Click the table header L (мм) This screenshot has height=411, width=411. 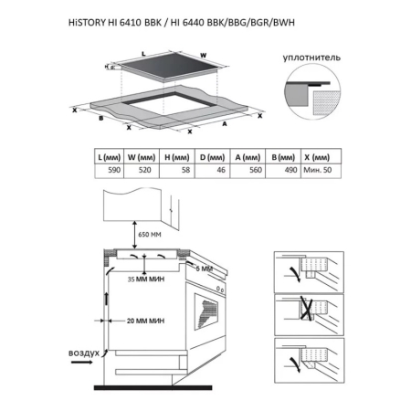pos(110,157)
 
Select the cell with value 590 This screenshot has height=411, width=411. pos(114,170)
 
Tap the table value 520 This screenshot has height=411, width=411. pos(145,170)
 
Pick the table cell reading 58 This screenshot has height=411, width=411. pos(185,170)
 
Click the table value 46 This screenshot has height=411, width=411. pos(221,170)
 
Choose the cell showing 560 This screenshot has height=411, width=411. pos(256,170)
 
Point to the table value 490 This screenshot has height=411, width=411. pos(290,170)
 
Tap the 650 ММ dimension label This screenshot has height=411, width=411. pos(150,235)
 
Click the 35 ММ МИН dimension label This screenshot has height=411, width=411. pos(146,279)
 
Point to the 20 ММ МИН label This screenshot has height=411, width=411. pos(145,321)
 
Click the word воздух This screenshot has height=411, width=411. pos(84,353)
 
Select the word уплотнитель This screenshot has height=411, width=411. pos(311,58)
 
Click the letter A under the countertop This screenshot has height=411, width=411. pos(225,123)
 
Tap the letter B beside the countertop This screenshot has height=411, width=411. pos(101,118)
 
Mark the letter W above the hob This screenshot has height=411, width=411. pos(204,56)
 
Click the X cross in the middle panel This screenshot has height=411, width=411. pos(307,308)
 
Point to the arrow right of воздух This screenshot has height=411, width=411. pos(81,362)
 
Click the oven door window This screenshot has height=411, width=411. pos(206,311)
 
